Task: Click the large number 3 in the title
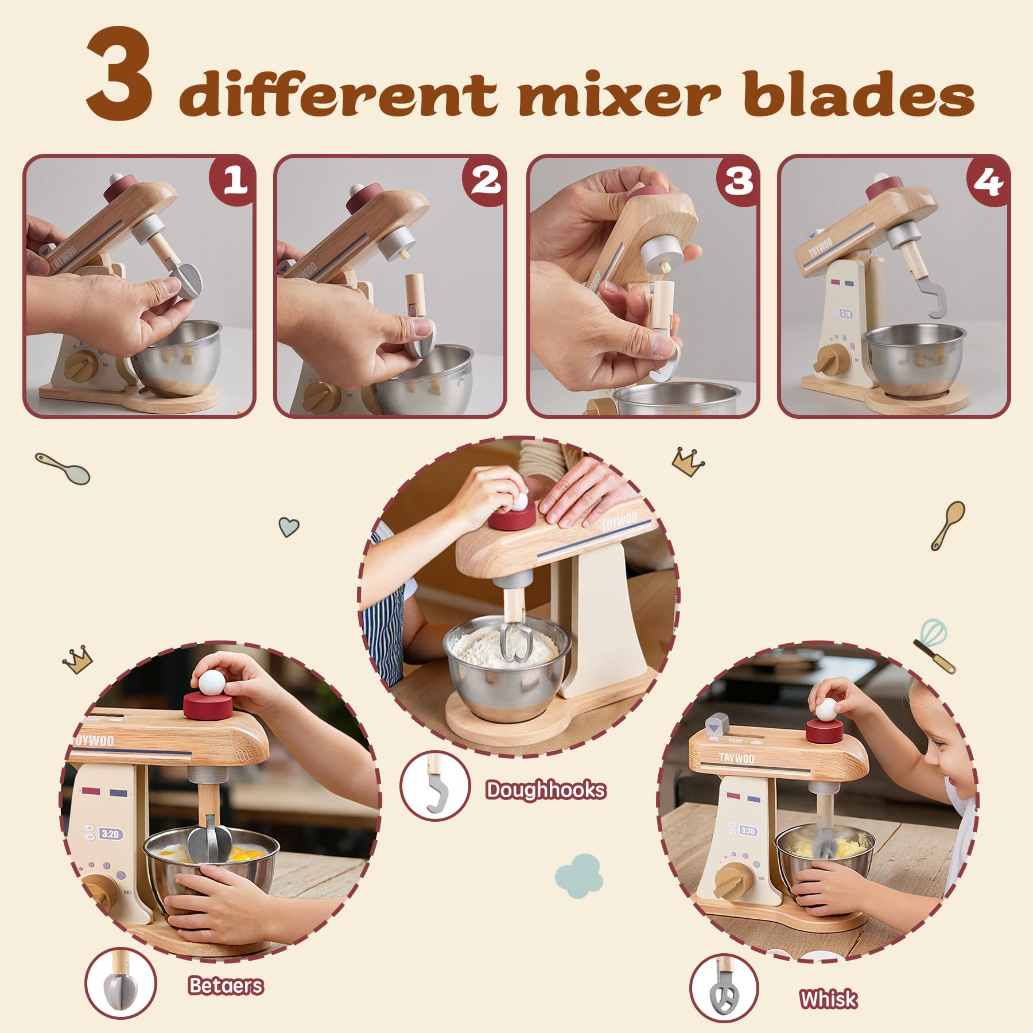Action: coord(119,79)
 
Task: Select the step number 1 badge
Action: coord(233,180)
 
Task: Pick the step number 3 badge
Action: coord(738,180)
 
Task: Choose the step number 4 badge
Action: coord(988,180)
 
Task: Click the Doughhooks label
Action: coord(545,790)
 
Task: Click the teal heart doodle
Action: coord(289,526)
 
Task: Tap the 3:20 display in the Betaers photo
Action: coord(110,833)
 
